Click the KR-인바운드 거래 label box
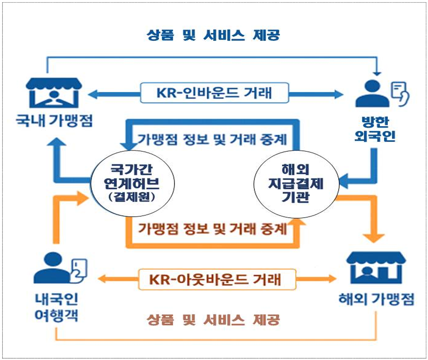(x=214, y=93)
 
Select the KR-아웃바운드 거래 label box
(x=217, y=279)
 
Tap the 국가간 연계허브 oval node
(x=132, y=183)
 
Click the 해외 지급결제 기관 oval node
(x=296, y=183)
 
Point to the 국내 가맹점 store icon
(x=54, y=93)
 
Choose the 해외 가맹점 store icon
(x=376, y=268)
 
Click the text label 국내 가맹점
(x=54, y=121)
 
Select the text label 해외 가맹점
(x=376, y=299)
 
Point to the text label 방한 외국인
(x=375, y=129)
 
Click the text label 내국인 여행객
(x=57, y=307)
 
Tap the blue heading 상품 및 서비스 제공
(x=213, y=35)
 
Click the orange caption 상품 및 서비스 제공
(x=213, y=320)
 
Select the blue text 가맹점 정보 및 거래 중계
(x=212, y=139)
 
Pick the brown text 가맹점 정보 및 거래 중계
(x=212, y=228)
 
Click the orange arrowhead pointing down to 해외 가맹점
(x=374, y=237)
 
